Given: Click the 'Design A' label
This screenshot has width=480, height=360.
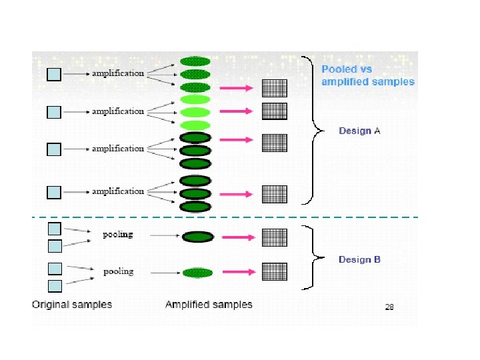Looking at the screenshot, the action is coord(359,131).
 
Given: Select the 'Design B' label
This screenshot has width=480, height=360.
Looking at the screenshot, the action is coord(359,259).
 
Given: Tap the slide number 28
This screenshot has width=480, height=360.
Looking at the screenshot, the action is coord(389,307).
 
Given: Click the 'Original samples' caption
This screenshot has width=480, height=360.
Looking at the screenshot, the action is coord(72,305).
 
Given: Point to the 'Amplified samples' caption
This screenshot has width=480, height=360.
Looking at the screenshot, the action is coord(209,305).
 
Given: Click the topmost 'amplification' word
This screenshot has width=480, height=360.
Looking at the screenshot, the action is coord(118,73).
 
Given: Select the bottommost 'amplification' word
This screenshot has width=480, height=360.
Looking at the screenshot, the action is coord(118,191).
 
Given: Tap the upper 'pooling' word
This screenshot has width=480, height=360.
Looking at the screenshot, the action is coord(118,235).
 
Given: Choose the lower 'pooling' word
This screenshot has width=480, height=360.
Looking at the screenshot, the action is coord(119,272).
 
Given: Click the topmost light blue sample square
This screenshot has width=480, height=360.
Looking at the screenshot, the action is coord(54,75).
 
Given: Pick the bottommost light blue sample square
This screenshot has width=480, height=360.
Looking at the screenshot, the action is coord(55,286).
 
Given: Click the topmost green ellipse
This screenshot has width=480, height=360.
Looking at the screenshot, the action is coord(195,61).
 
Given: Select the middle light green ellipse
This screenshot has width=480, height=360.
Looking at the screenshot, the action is coord(195,113).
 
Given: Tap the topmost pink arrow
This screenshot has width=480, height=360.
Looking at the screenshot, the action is coord(236,88).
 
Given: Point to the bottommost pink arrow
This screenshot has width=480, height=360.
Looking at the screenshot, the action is coord(239,272).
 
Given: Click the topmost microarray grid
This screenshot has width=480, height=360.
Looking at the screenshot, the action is coord(275,88).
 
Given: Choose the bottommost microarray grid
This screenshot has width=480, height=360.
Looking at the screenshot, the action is coord(275,271).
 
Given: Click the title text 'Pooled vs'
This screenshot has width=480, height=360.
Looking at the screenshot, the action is coord(347,69).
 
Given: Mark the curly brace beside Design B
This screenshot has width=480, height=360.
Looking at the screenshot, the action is coord(313,257).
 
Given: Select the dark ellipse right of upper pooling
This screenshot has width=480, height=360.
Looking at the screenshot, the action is coord(198,237).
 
